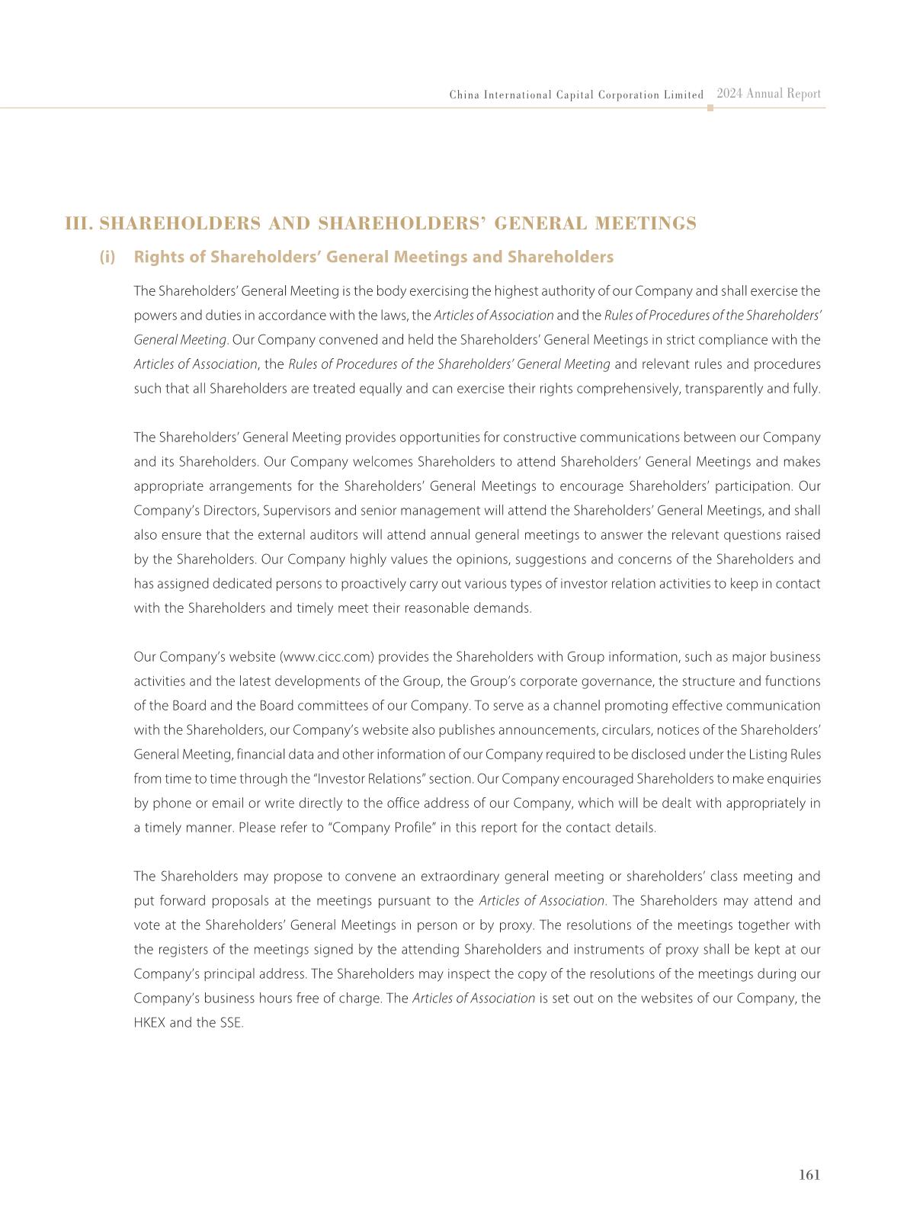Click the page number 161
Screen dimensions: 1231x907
coord(809,1175)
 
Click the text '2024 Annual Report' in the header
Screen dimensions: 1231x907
coord(768,94)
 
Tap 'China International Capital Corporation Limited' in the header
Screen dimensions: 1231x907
coord(576,95)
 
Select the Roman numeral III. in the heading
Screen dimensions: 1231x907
coord(79,223)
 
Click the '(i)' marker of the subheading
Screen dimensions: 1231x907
coord(107,257)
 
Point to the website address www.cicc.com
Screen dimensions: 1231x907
coord(329,657)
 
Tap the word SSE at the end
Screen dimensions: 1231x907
coord(231,1023)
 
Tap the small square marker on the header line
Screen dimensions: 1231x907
coord(710,108)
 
